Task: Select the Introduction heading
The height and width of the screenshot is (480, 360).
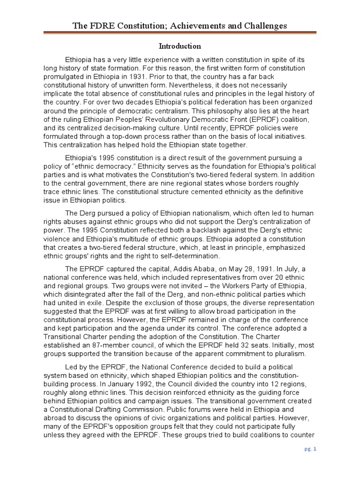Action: point(180,46)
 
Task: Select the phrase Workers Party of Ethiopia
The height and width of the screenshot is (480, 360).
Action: point(251,285)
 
